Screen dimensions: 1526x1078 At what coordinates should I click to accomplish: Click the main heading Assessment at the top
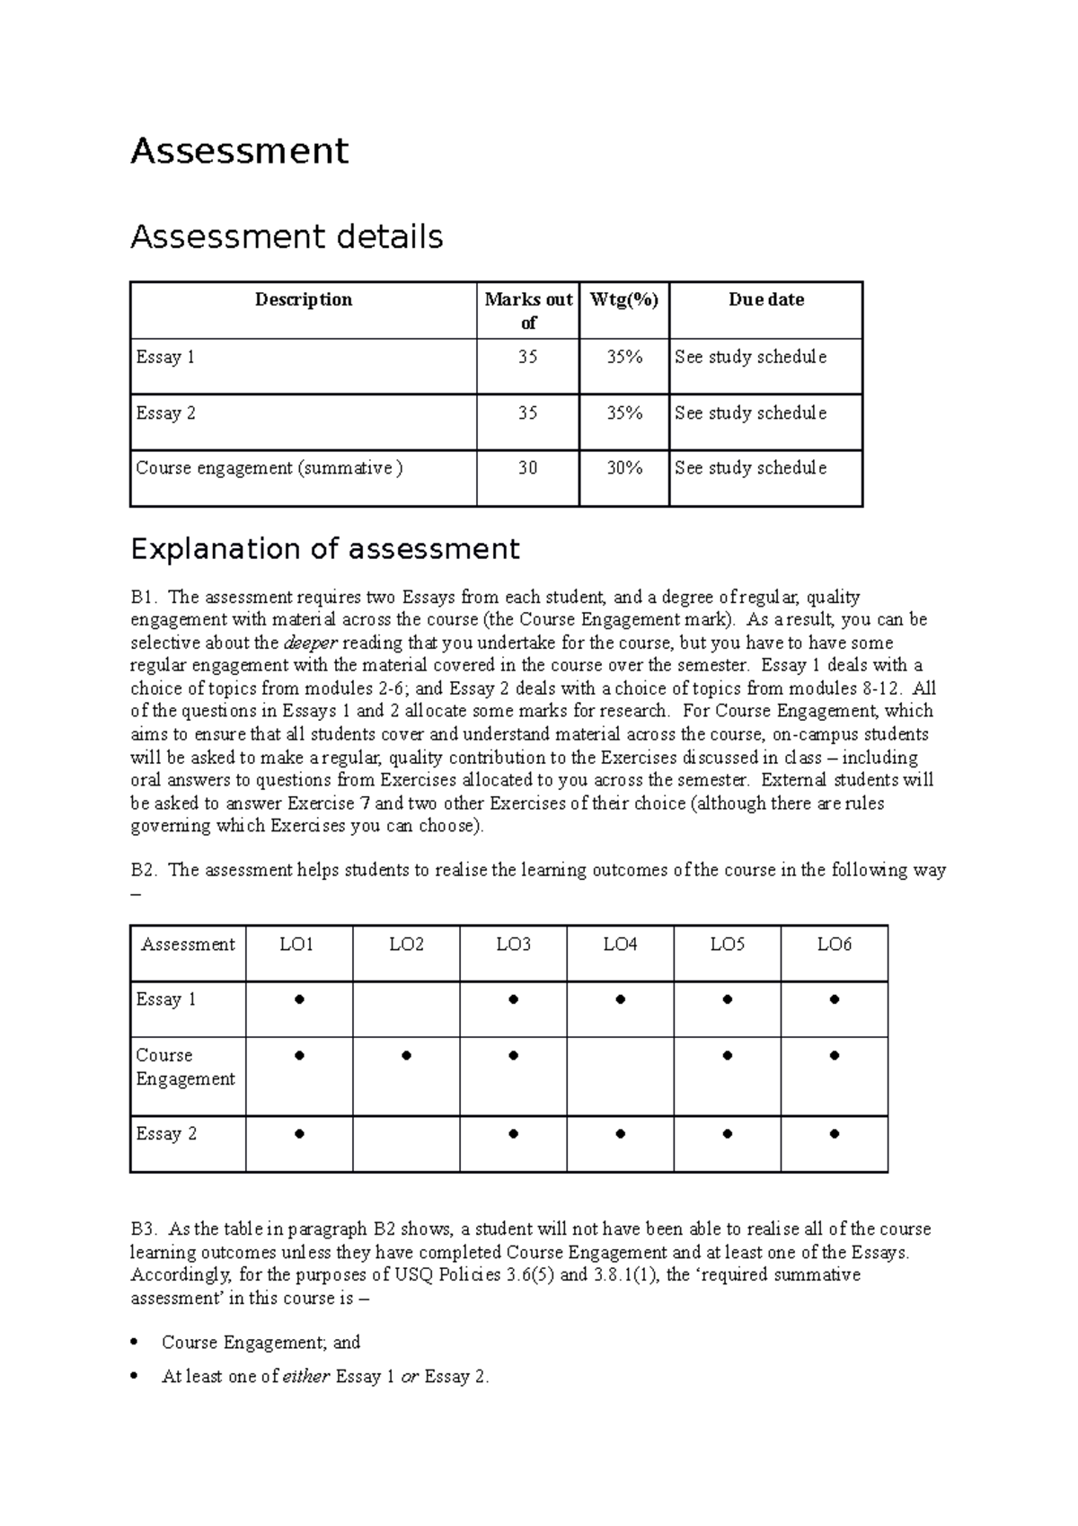click(239, 150)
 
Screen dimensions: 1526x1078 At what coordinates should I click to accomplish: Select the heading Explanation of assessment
click(324, 548)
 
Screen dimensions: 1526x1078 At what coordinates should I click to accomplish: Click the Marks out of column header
click(528, 310)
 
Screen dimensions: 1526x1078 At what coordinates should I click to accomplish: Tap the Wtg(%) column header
click(623, 299)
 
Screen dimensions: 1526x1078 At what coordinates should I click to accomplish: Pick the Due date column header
click(765, 299)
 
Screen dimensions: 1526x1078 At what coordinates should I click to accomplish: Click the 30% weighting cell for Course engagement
click(623, 467)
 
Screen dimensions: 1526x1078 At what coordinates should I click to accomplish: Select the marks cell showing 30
click(527, 467)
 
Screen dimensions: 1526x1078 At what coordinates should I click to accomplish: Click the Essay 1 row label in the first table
click(165, 357)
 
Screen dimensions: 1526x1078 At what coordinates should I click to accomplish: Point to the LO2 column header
click(406, 944)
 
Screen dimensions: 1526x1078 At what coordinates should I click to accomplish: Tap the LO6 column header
click(834, 944)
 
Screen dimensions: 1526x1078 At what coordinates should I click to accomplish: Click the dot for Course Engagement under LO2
click(406, 1056)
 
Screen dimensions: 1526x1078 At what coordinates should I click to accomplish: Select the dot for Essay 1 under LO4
click(620, 999)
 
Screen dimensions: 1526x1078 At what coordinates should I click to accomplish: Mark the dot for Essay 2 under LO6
click(834, 1134)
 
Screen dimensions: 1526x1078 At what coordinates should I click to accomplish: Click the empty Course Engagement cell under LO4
click(620, 1076)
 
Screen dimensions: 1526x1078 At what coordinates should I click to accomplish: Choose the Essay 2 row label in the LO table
click(165, 1133)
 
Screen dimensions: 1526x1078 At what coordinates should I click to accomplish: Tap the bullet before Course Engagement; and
click(134, 1343)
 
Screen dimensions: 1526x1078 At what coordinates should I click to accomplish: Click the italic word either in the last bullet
click(306, 1376)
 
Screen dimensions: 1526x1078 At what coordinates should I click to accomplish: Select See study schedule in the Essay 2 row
click(750, 413)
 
